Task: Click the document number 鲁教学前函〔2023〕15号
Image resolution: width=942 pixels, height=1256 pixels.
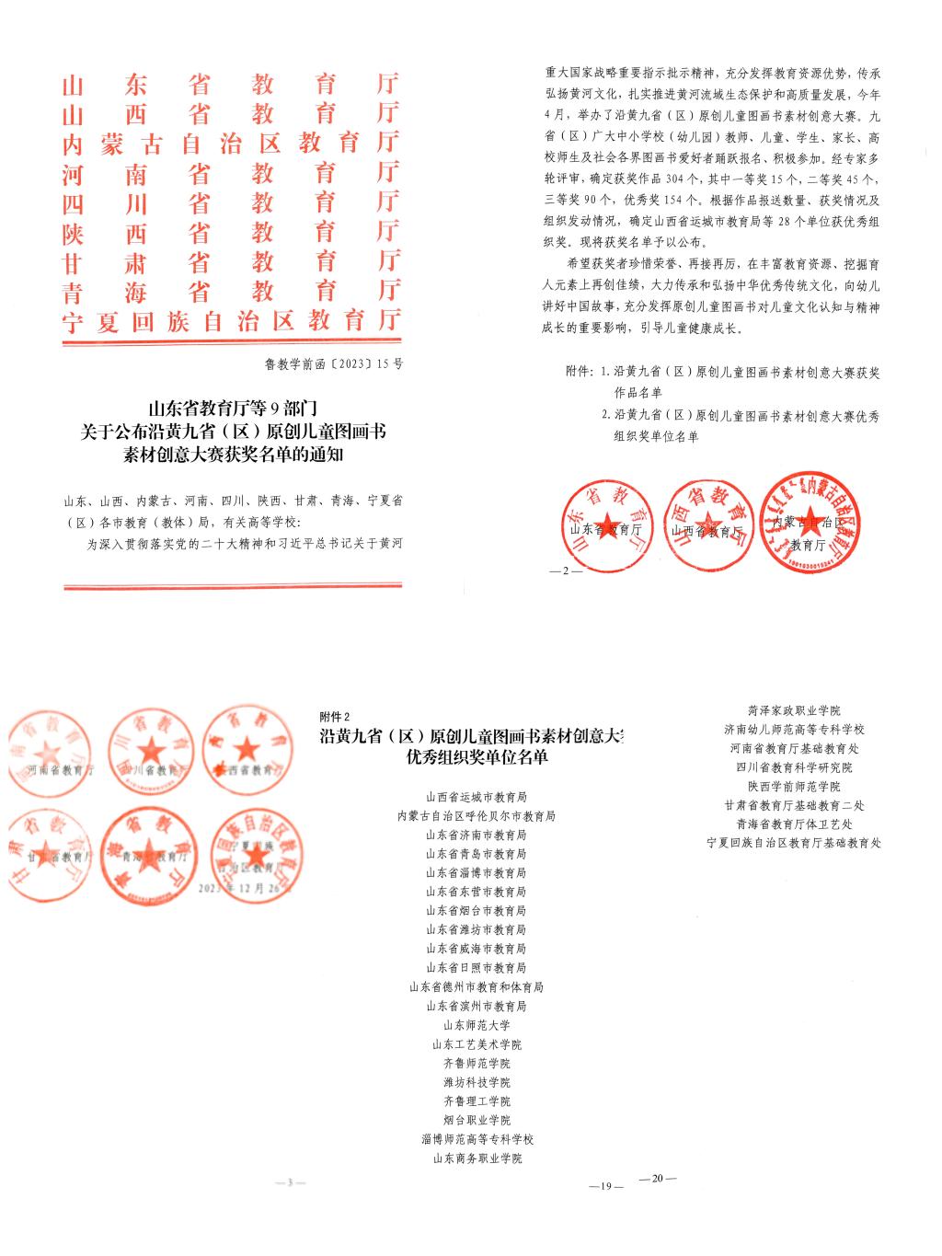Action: [333, 363]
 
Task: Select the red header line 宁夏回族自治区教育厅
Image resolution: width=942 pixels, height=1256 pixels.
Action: [231, 320]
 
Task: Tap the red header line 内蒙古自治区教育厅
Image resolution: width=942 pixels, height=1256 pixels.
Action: [231, 144]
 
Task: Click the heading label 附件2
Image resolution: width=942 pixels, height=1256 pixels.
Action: [335, 717]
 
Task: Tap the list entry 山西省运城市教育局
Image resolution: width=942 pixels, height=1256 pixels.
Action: [477, 797]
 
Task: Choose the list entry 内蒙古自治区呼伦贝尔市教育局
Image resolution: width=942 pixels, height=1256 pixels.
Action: [477, 816]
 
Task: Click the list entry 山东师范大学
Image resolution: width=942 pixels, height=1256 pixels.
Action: [477, 1025]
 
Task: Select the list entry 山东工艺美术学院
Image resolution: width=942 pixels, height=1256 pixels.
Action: [477, 1044]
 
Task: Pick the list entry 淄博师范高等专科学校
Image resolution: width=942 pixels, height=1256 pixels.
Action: [477, 1139]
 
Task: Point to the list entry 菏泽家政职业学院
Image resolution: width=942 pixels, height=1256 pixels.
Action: [794, 710]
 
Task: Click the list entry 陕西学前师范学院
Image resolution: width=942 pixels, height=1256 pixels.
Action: [794, 786]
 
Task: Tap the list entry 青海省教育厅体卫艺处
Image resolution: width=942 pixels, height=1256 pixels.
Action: [794, 824]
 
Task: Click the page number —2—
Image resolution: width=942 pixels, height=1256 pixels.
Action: [560, 571]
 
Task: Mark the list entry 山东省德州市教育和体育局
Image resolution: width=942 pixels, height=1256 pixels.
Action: [477, 987]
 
